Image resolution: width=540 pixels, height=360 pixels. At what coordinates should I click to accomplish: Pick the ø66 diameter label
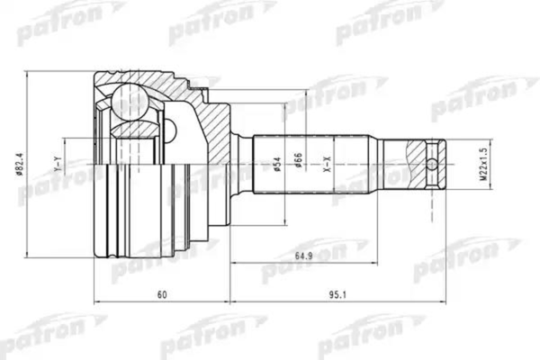[x=298, y=162]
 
